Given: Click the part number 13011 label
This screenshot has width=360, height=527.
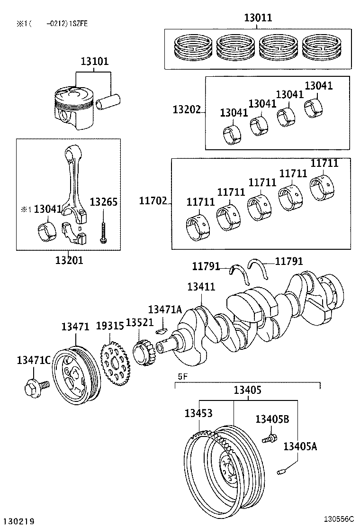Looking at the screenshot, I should pos(258,18).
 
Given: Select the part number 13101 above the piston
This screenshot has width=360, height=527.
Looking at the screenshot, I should pos(94,62).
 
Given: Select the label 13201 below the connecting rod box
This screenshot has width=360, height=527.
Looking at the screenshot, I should pos(69,260).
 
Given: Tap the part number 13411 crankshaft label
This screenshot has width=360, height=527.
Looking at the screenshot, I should pos(201,287).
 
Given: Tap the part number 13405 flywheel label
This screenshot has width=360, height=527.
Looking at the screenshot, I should pos(247,390).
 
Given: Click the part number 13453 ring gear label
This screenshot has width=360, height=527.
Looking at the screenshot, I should pos(198,413).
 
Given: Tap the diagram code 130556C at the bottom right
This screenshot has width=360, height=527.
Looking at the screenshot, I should pos(339,519).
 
